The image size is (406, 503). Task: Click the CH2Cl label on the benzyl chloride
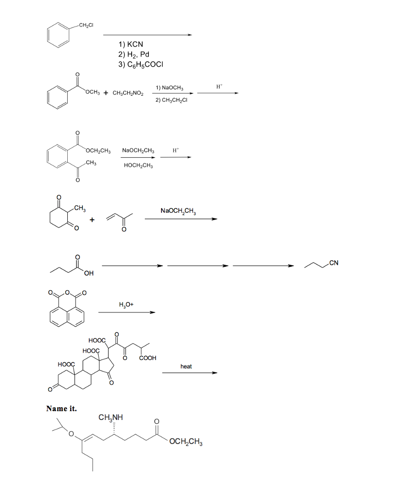pos(86,26)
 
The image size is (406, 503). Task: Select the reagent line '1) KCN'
pos(131,44)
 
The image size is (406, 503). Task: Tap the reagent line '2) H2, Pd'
pos(134,54)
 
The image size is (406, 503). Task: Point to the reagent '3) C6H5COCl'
pos(141,64)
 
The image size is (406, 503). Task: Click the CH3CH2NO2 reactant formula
pos(128,93)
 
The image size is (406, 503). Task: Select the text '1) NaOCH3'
pos(169,87)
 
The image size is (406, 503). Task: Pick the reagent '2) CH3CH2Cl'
pos(171,100)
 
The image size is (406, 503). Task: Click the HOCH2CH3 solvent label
pos(138,166)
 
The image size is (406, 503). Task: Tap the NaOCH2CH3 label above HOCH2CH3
pos(138,150)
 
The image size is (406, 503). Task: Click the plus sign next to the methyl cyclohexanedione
pos(92,220)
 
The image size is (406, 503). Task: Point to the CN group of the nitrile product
pos(334,263)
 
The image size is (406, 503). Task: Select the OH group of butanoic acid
pos(89,273)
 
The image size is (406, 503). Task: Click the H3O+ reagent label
pos(126,305)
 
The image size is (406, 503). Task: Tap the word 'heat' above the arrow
pos(186,366)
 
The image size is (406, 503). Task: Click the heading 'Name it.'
pos(61,408)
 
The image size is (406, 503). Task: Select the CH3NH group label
pos(110,418)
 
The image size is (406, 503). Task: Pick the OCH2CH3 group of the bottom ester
pos(186,442)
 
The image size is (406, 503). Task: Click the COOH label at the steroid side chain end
pos(148,358)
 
